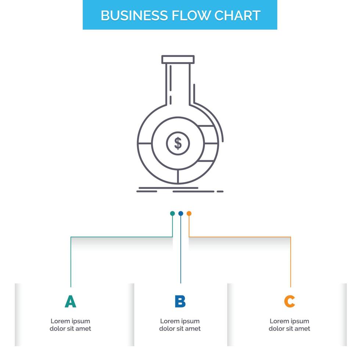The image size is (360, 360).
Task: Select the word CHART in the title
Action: [238, 15]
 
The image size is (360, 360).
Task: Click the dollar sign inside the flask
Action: [178, 143]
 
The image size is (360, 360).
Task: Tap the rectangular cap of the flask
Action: [178, 59]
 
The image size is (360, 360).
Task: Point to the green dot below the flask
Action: [172, 213]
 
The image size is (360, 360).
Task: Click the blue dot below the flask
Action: [180, 213]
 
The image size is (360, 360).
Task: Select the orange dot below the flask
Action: [189, 213]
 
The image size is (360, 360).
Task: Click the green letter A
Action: [70, 302]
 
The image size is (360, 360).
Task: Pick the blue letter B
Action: [180, 302]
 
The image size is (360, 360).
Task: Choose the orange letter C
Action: [289, 302]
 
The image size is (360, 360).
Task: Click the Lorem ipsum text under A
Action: [70, 325]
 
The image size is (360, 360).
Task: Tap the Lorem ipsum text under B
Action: [180, 325]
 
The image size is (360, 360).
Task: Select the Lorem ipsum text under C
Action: [289, 325]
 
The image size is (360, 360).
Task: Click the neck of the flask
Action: [178, 84]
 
